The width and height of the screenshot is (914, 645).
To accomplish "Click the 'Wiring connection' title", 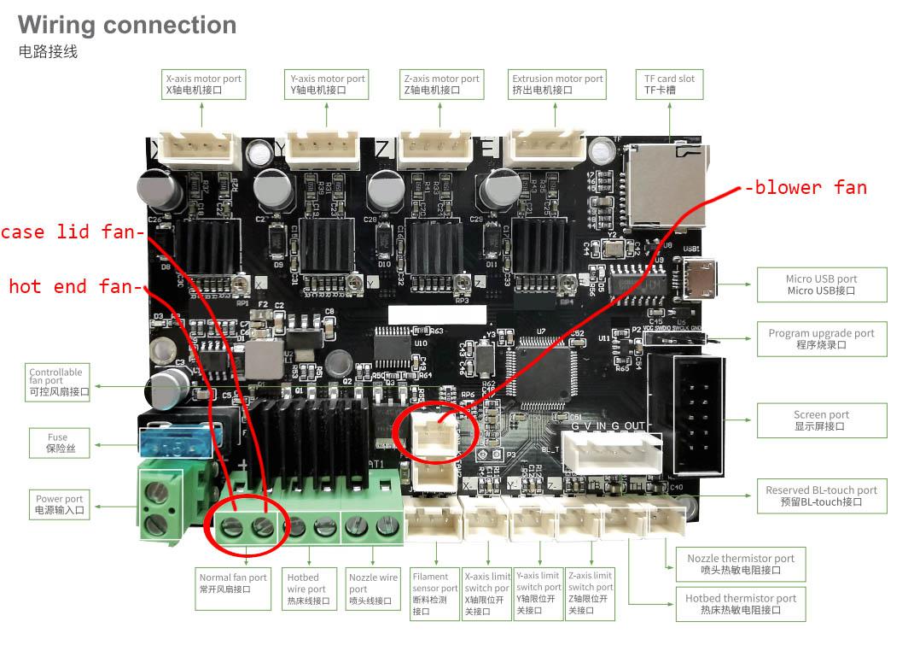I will click(127, 25).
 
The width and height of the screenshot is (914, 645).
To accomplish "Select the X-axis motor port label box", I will click(203, 84).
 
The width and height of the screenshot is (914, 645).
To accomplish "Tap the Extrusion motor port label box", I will click(557, 84).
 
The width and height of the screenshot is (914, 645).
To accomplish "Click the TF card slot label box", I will click(669, 84).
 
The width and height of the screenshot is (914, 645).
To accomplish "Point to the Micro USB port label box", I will click(821, 284).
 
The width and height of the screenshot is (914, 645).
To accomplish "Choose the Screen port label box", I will click(821, 420).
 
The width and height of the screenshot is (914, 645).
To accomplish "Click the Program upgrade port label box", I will click(821, 339).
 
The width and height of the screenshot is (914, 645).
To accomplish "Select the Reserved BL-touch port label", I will click(821, 495).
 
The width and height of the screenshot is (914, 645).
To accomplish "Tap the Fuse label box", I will click(56, 443).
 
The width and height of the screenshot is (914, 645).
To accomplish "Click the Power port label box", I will click(59, 504).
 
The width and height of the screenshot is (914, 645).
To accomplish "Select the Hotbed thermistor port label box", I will click(740, 604).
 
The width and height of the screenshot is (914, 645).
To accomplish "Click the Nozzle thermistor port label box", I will click(740, 564).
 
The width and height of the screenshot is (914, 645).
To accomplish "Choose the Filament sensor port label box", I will click(434, 593).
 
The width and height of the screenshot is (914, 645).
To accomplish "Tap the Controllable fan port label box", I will click(56, 381).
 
